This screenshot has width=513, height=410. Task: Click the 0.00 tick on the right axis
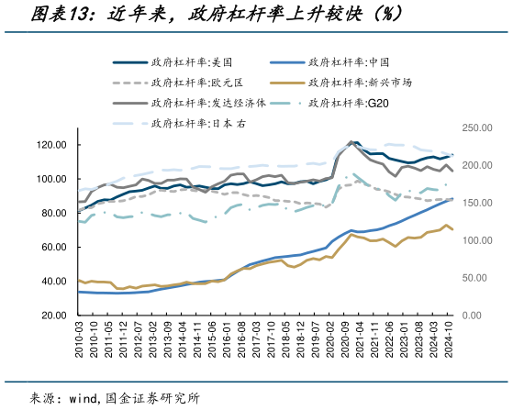tap(470, 315)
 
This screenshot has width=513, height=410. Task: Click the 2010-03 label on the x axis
tap(80, 340)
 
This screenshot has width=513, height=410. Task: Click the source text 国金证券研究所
tap(153, 397)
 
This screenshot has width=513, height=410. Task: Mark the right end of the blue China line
tap(452, 198)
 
